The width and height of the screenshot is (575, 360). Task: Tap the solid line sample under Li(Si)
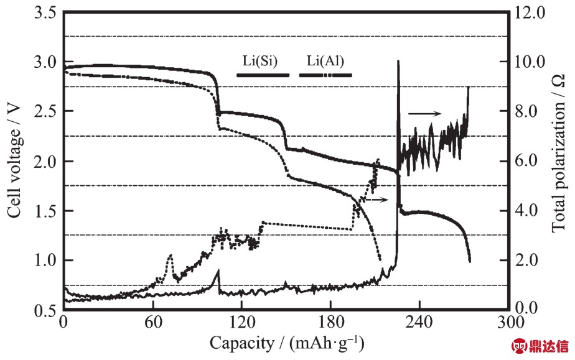point(263,75)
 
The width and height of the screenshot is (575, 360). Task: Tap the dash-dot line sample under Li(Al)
point(325,75)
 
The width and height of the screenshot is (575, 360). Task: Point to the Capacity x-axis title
point(286,343)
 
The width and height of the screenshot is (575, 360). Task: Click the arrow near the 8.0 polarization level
point(425,113)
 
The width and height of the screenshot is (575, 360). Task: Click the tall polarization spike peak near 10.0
point(398,62)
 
